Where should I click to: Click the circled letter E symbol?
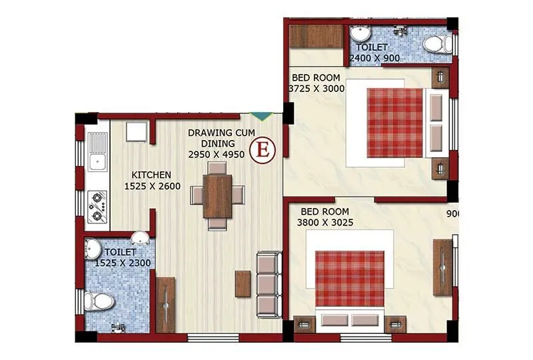263,149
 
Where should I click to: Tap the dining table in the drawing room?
217,195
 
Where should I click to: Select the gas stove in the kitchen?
97,205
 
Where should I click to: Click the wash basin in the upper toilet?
360,33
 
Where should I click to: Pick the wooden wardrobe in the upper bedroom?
315,36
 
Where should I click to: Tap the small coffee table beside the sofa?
243,284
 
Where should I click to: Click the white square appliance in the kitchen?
137,132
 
